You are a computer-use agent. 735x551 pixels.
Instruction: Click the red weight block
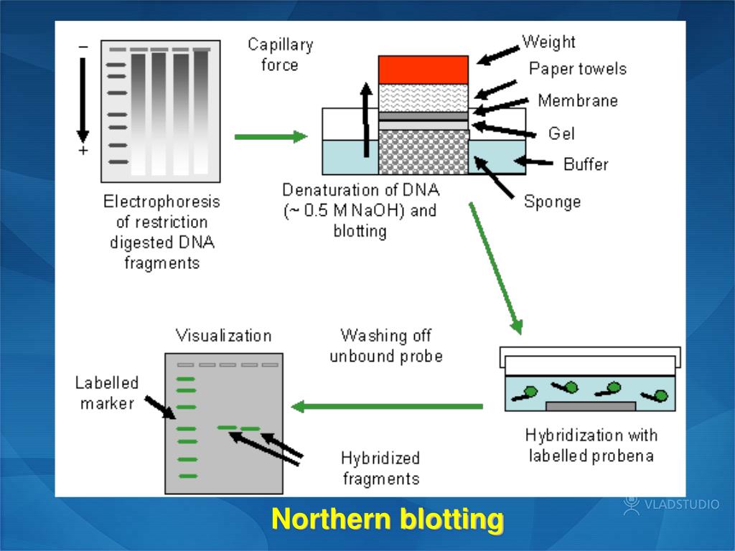[423, 70]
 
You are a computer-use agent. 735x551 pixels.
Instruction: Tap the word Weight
[548, 42]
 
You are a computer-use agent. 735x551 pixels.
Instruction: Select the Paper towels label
[577, 69]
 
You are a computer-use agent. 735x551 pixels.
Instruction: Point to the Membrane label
[577, 100]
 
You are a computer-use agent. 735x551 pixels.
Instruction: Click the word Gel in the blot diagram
[561, 133]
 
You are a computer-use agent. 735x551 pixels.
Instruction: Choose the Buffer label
[586, 164]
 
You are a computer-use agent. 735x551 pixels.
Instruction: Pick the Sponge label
[551, 201]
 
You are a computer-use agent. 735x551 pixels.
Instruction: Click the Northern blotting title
[388, 519]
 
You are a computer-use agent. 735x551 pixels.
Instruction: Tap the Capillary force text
[281, 55]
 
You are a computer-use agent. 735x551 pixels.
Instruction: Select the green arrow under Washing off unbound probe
[388, 407]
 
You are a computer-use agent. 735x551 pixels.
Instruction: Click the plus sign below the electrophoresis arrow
[83, 151]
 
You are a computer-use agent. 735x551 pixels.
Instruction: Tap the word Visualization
[223, 335]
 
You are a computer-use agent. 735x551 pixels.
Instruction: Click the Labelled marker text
[107, 393]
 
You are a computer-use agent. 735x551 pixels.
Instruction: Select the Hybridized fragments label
[380, 468]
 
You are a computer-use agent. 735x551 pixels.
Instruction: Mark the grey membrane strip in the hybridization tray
[591, 406]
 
